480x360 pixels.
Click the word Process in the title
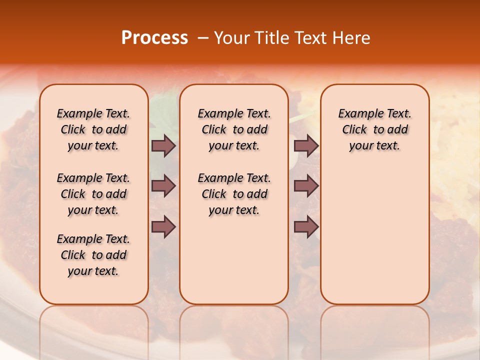pyautogui.click(x=154, y=38)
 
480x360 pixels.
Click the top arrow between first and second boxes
pyautogui.click(x=163, y=146)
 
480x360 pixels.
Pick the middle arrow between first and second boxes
pyautogui.click(x=163, y=186)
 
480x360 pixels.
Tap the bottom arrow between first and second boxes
pyautogui.click(x=163, y=227)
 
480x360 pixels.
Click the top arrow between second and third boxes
pyautogui.click(x=306, y=146)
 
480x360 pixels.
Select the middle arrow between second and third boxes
pyautogui.click(x=306, y=186)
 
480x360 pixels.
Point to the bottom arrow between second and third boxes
pyautogui.click(x=306, y=227)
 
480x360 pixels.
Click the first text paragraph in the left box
pyautogui.click(x=93, y=129)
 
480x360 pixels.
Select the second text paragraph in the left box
pyautogui.click(x=93, y=194)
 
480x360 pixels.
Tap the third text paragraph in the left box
pyautogui.click(x=93, y=255)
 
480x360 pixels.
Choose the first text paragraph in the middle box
pyautogui.click(x=234, y=129)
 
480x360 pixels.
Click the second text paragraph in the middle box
pyautogui.click(x=234, y=194)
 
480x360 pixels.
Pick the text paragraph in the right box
pyautogui.click(x=375, y=129)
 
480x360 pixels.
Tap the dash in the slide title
pyautogui.click(x=203, y=38)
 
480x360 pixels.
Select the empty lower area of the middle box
pyautogui.click(x=234, y=260)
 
